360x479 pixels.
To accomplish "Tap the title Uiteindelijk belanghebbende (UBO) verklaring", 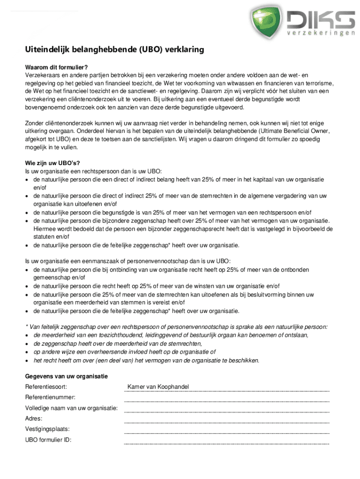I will tap(115, 50).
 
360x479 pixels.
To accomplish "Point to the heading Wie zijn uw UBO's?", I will tap(52, 163).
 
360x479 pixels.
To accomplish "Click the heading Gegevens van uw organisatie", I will tap(66, 376).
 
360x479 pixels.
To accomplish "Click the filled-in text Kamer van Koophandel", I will tap(158, 387).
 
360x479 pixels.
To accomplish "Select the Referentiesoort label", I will tap(46, 387).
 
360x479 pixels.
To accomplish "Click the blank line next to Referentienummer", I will tap(226, 400).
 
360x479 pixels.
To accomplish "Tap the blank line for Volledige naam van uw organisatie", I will tap(226, 411).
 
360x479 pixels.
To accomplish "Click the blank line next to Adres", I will tap(226, 421).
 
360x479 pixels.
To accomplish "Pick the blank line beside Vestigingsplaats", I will tap(226, 432).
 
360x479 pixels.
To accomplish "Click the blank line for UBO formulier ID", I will tap(226, 443).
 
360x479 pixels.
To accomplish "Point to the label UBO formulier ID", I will tap(48, 440).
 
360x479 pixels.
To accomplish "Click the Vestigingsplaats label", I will tap(47, 429).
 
